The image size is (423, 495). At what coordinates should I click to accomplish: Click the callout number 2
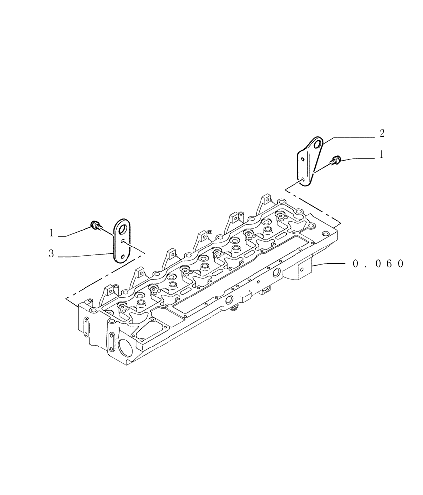(x=381, y=133)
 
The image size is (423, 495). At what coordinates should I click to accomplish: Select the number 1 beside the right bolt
(x=381, y=155)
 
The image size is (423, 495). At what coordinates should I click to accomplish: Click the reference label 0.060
(x=379, y=264)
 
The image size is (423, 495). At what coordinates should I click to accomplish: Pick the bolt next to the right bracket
(x=337, y=159)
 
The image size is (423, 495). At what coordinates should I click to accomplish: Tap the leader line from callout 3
(x=86, y=255)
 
